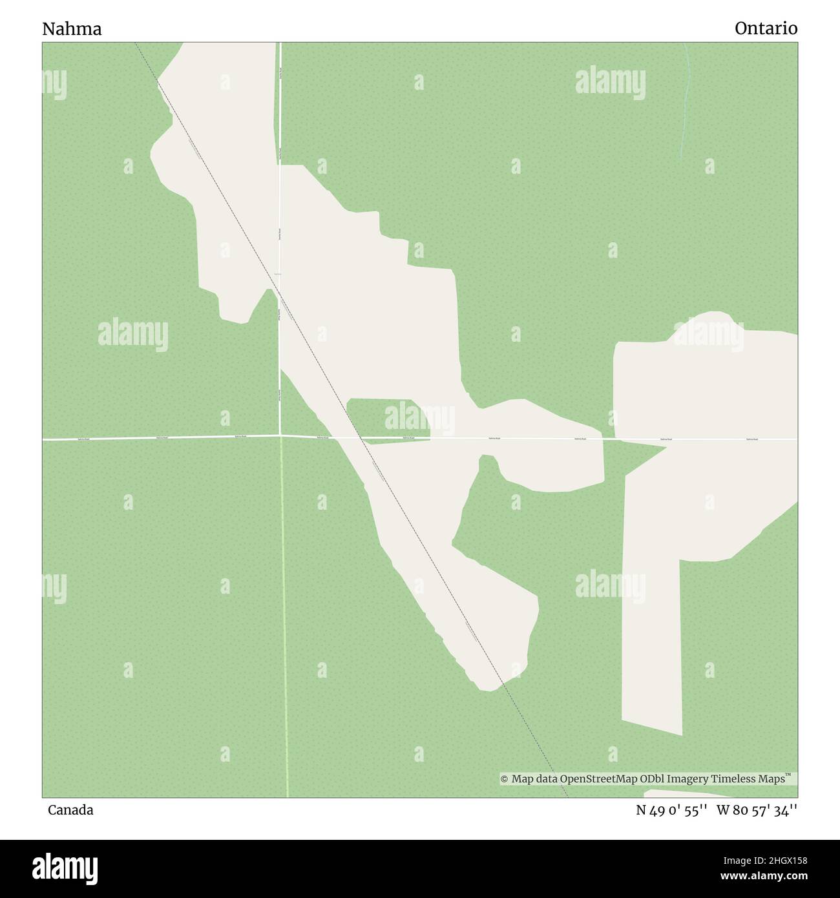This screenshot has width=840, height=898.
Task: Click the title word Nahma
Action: pyautogui.click(x=72, y=29)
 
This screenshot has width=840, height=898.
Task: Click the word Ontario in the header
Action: pyautogui.click(x=766, y=28)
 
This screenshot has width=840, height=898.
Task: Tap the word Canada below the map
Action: pyautogui.click(x=70, y=810)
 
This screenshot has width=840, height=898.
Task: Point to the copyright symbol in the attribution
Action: pyautogui.click(x=504, y=779)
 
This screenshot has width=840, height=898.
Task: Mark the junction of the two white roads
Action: pyautogui.click(x=280, y=436)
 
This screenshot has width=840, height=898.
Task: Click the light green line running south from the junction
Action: pyautogui.click(x=284, y=614)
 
